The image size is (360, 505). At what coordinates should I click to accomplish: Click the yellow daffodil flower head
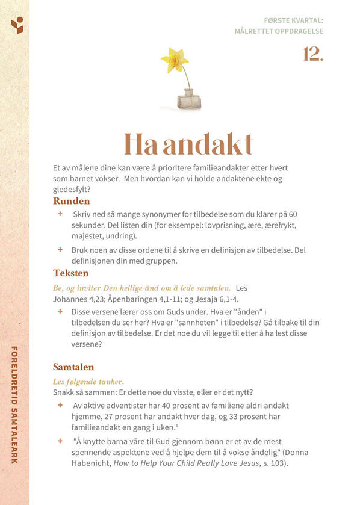pyautogui.click(x=174, y=60)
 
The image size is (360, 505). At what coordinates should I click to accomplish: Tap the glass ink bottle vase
pyautogui.click(x=189, y=100)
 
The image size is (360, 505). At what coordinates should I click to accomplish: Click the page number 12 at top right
pyautogui.click(x=312, y=54)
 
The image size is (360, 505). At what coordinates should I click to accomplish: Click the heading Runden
pyautogui.click(x=71, y=201)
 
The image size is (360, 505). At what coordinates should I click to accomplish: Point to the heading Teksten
pyautogui.click(x=71, y=273)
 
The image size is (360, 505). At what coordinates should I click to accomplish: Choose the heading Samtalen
pyautogui.click(x=73, y=367)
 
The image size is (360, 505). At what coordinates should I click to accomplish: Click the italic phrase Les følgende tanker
pyautogui.click(x=88, y=381)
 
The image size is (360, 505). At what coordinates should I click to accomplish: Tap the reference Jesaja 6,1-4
pyautogui.click(x=219, y=299)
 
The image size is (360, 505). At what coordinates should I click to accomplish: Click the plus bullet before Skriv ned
pyautogui.click(x=60, y=214)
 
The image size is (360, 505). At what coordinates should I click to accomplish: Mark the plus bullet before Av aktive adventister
pyautogui.click(x=60, y=405)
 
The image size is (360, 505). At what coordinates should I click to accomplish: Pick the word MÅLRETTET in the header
pyautogui.click(x=255, y=31)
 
